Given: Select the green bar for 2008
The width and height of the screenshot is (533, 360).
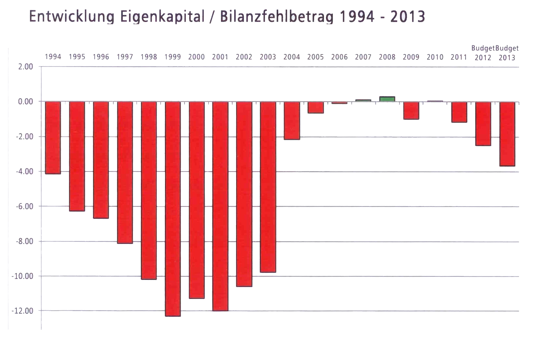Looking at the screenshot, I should tap(387, 99).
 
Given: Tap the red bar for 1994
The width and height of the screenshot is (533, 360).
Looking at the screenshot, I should tap(53, 138).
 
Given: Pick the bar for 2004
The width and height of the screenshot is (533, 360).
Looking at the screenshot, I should tap(292, 121).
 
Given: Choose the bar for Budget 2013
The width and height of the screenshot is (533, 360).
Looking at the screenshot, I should tap(507, 134).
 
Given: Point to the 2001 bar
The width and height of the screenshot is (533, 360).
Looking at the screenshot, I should tap(220, 206).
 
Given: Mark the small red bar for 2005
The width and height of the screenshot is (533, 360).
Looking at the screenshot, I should tap(315, 107).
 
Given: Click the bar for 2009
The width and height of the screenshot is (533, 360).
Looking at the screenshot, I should tap(411, 110).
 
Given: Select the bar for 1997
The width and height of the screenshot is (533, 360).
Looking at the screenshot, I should tap(125, 172).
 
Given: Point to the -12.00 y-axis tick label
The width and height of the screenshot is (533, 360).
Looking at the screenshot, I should tap(23, 311).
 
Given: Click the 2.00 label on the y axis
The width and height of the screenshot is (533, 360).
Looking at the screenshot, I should tap(25, 67).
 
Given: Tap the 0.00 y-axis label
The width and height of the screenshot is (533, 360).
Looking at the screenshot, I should tap(25, 102).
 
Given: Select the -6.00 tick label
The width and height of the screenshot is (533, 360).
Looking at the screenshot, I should tap(24, 206).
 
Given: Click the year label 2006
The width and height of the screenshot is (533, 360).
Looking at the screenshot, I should tap(339, 57).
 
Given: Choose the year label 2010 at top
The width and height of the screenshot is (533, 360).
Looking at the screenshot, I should tap(435, 57).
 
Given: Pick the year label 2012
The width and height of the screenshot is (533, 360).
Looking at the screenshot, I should tap(483, 58).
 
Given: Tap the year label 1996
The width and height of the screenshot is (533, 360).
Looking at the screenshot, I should tap(101, 57).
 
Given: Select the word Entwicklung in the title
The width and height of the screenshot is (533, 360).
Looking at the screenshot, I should tap(72, 16).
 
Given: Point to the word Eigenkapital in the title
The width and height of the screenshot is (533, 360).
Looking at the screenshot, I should tap(162, 16).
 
